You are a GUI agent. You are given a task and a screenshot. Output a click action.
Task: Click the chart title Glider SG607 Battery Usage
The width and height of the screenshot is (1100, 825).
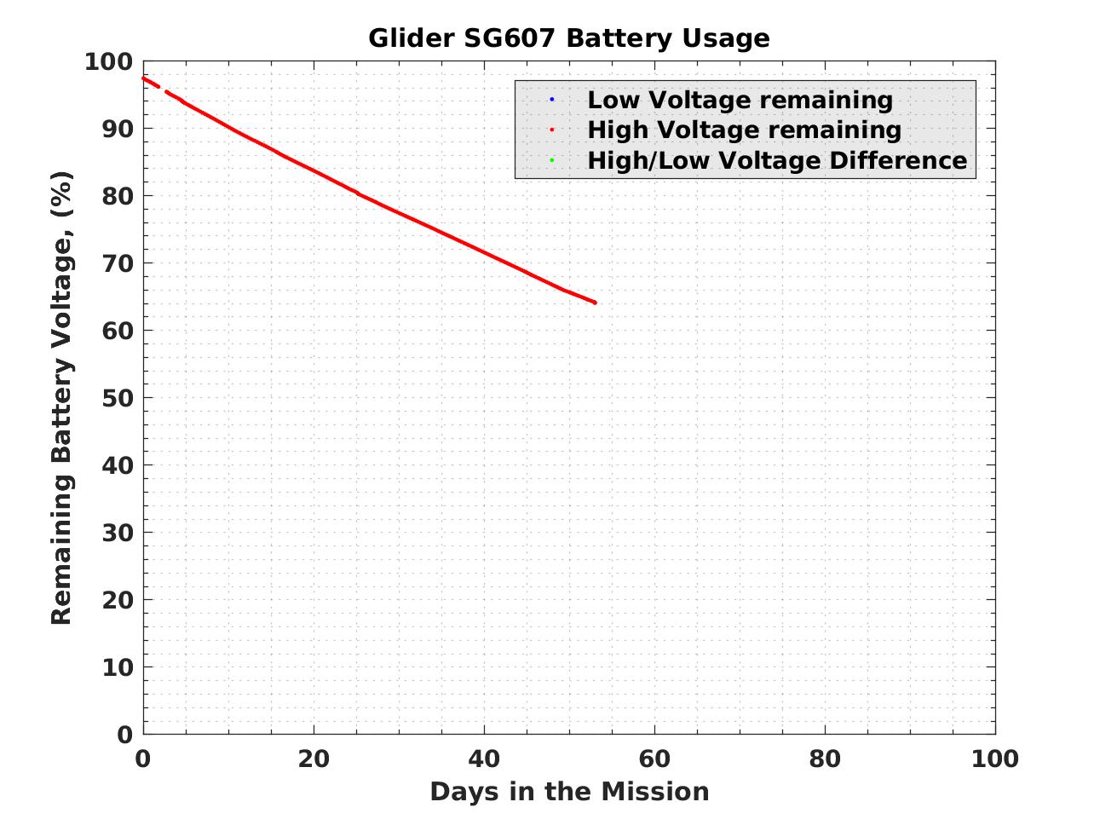568,38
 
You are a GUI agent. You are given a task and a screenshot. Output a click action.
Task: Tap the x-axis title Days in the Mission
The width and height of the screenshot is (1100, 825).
569,792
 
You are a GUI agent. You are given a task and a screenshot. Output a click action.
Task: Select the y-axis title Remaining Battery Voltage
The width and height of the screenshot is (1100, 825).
62,398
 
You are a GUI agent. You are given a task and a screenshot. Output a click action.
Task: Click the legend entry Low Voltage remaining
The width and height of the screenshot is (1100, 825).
740,100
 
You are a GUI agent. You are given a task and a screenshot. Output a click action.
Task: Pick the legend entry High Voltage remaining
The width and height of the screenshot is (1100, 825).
744,130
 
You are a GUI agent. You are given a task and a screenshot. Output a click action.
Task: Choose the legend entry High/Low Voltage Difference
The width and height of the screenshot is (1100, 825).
777,160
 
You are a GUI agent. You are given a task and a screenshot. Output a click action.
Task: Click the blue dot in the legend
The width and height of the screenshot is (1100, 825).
552,100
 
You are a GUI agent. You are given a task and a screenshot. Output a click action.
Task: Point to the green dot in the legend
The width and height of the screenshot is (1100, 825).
552,160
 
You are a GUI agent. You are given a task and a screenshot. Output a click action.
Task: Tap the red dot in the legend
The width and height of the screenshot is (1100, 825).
552,130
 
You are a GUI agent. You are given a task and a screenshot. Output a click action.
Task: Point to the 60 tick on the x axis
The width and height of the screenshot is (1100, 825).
654,759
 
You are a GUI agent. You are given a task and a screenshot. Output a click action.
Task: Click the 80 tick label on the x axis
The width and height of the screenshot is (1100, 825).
825,759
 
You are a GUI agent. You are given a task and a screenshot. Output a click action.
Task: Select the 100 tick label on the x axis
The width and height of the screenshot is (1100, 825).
995,759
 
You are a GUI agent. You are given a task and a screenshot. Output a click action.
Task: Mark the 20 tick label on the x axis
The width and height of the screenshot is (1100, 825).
314,759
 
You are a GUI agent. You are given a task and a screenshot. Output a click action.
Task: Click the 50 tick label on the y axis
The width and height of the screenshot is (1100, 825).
118,398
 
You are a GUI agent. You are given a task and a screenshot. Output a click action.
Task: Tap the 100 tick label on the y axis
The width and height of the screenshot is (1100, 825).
109,62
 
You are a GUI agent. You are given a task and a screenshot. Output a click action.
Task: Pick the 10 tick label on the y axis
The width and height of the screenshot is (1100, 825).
118,667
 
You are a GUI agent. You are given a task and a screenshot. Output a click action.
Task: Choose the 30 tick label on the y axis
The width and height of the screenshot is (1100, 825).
118,533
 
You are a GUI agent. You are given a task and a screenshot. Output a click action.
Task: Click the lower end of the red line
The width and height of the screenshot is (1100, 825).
594,303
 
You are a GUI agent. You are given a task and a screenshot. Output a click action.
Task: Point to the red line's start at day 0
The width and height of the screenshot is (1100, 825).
144,78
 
